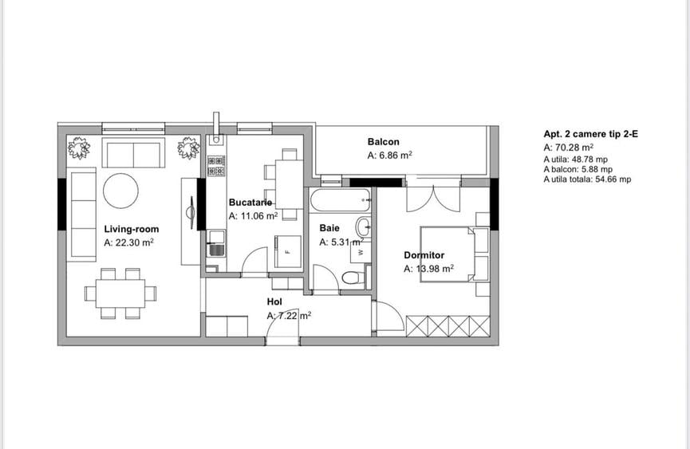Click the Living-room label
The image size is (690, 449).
132,230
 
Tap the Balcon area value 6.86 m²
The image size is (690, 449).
389,156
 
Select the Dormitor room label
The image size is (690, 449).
424,255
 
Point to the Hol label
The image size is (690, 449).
274,302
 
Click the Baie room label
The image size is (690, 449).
329,228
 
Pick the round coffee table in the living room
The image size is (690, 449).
120,191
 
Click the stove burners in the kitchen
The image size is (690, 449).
215,165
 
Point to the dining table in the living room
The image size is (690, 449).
120,292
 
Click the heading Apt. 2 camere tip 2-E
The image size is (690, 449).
590,135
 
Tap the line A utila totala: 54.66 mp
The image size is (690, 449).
587,180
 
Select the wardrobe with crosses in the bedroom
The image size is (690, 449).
448,325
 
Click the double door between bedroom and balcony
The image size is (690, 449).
432,198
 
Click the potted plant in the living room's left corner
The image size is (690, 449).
79,148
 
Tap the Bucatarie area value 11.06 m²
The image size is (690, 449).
253,215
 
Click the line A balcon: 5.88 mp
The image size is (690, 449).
578,169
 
